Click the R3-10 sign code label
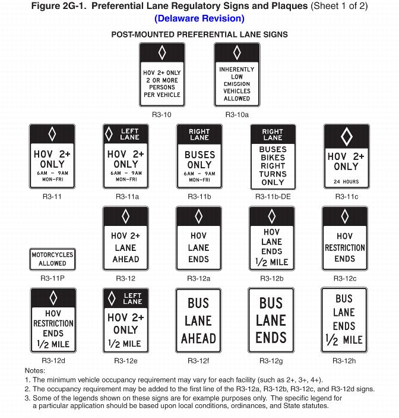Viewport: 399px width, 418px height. tap(161, 114)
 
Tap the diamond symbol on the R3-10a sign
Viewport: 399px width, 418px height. tap(237, 52)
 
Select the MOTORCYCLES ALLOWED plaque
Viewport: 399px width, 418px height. tap(53, 259)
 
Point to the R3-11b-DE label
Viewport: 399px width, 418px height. tap(273, 196)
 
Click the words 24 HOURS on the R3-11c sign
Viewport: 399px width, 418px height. tap(346, 182)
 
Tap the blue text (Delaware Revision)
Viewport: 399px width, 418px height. tap(199, 18)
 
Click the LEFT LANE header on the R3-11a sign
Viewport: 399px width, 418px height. tap(130, 134)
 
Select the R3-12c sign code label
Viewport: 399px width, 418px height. tap(345, 278)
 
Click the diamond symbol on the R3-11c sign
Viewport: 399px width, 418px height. tap(346, 137)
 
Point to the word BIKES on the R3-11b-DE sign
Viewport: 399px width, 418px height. tap(273, 158)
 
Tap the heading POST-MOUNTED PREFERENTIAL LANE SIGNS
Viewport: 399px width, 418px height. tap(199, 34)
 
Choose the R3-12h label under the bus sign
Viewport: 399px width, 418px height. tap(344, 360)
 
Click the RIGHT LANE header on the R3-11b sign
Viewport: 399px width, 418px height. tap(199, 134)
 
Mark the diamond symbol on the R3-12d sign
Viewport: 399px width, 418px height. tap(53, 297)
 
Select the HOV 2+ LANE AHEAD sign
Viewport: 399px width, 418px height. tap(125, 238)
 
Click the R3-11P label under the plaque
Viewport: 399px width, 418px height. tap(53, 278)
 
